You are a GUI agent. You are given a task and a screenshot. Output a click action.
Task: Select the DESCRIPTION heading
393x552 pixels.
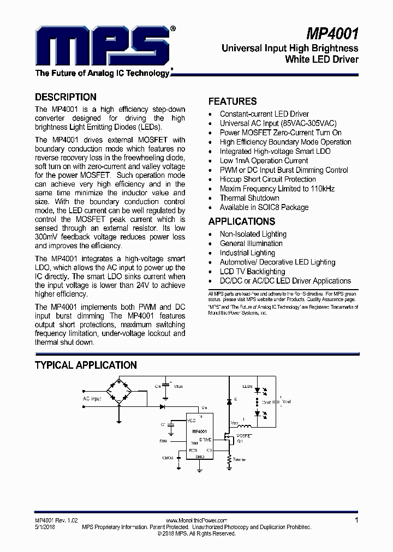65,97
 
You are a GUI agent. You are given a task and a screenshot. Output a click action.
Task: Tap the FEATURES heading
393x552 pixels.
233,101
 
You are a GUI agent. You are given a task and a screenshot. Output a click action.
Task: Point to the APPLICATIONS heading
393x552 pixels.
241,221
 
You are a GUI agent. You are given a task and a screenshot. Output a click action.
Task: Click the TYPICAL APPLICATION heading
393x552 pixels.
86,365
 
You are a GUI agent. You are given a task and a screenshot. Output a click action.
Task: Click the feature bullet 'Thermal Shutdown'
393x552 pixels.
249,198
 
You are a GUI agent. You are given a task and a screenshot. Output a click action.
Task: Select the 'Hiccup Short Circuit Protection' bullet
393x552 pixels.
267,179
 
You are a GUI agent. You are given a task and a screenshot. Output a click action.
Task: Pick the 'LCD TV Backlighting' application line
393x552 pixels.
252,271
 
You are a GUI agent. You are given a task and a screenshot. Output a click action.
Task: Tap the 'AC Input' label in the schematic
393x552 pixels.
92,399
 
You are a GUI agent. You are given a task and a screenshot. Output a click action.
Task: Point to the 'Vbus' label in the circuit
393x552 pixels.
178,386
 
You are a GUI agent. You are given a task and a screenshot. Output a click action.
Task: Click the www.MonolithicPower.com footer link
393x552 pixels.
196,520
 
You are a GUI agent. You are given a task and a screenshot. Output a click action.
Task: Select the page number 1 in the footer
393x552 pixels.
356,520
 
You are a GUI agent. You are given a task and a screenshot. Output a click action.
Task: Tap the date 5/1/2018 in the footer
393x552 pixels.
45,527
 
